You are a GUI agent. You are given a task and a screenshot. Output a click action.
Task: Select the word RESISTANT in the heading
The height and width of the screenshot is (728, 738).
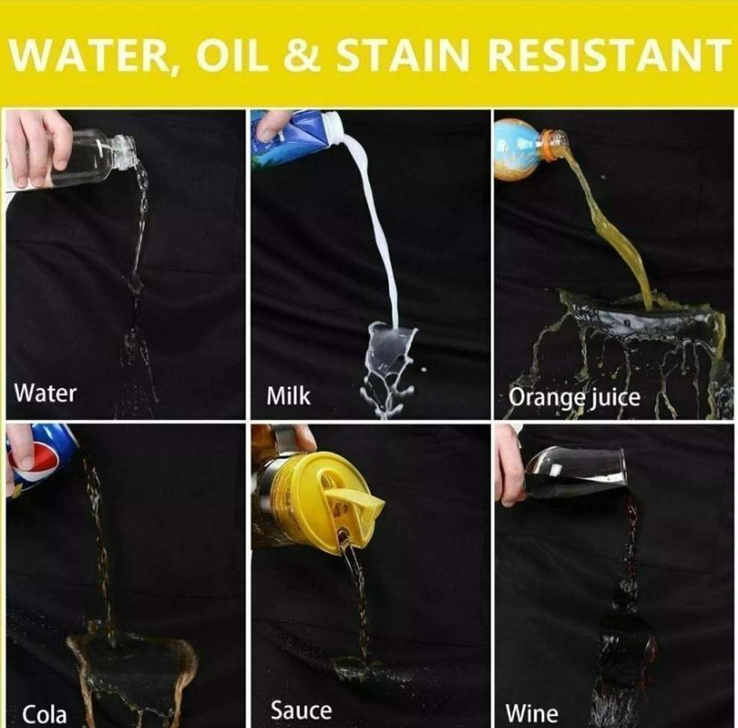pos(608,55)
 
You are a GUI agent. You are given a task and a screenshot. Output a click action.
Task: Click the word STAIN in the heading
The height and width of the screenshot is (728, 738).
pos(402,55)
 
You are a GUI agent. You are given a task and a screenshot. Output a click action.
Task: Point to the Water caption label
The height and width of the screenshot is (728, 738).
pos(45,393)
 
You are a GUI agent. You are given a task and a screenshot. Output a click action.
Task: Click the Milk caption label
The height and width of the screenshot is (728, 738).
pos(288,395)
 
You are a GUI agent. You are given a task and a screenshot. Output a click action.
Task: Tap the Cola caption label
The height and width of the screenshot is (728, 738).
pos(44,715)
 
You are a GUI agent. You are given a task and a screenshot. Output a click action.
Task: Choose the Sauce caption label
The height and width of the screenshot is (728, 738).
pos(300,710)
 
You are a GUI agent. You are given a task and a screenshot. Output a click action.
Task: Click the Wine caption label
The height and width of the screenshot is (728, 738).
pos(532,713)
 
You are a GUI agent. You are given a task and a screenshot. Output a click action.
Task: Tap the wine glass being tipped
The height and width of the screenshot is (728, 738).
pos(577,472)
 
